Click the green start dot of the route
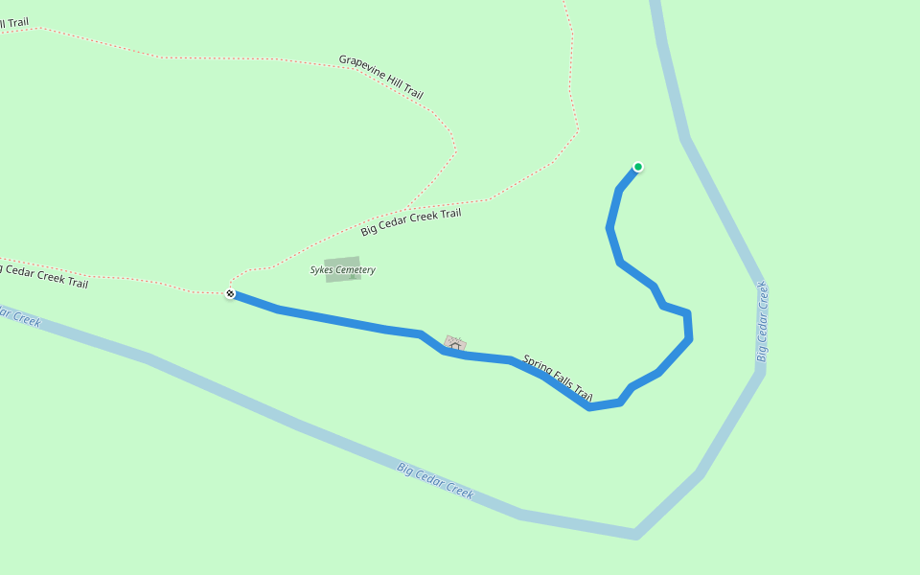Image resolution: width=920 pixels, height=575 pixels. click(638, 167)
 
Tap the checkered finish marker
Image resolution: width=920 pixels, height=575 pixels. click(230, 293)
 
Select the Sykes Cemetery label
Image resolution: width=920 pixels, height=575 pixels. click(343, 270)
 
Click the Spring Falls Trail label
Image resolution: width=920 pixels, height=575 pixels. click(558, 378)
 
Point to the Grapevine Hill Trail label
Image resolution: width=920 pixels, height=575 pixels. click(380, 77)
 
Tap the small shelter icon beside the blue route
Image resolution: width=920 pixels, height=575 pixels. click(455, 343)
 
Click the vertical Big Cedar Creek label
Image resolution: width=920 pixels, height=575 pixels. click(763, 322)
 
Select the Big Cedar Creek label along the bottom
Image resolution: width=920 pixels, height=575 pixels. click(435, 480)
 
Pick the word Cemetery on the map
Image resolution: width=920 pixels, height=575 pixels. click(356, 270)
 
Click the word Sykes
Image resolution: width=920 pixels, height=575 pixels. click(321, 270)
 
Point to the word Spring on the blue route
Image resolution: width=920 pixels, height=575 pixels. click(537, 366)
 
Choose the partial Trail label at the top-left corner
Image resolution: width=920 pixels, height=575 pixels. click(13, 21)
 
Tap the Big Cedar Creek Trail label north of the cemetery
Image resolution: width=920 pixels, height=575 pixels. click(410, 221)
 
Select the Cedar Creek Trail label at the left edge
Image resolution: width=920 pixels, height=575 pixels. click(43, 276)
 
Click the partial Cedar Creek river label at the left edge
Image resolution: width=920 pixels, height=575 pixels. click(19, 316)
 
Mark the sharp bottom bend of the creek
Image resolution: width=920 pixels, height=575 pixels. click(635, 533)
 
